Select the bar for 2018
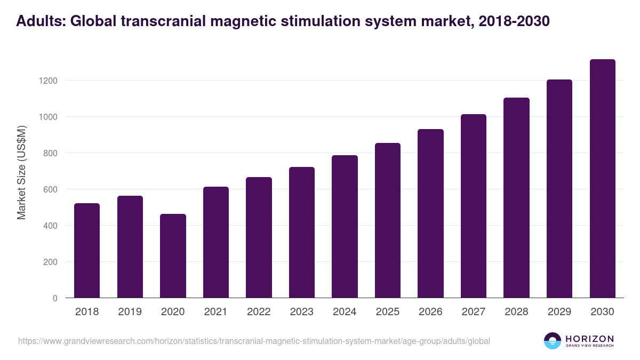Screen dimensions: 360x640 click(87, 251)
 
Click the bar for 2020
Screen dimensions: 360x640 click(173, 256)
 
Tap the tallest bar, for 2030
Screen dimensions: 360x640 click(602, 179)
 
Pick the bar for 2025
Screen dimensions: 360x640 click(388, 220)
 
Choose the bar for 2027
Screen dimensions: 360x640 click(474, 206)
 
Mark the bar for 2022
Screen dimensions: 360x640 click(259, 237)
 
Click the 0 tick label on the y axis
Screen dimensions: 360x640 click(54, 298)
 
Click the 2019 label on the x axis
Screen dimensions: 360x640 click(130, 312)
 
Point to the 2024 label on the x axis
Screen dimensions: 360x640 click(345, 312)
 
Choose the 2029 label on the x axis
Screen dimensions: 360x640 click(559, 312)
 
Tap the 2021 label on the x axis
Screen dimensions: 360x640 click(215, 312)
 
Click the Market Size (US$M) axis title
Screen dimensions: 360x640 click(21, 172)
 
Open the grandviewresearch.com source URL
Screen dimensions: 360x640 click(254, 341)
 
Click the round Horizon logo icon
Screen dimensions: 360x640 click(552, 341)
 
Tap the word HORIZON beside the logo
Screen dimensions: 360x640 click(589, 338)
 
